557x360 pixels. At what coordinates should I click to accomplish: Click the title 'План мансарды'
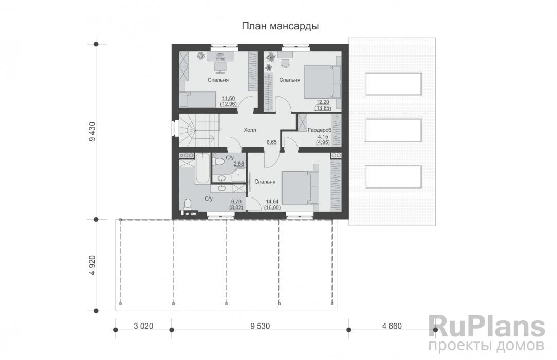[280, 26]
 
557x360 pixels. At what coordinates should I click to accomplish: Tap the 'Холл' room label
[250, 130]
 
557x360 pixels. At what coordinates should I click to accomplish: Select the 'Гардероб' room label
[320, 130]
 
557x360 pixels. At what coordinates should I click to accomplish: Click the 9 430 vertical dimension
[92, 132]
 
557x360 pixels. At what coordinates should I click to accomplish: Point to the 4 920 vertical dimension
[92, 265]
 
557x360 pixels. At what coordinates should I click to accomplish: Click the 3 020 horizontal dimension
[143, 326]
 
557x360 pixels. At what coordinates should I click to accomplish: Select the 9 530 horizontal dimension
[260, 326]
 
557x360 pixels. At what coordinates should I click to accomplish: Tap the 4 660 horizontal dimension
[392, 326]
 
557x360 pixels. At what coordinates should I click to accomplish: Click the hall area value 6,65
[272, 142]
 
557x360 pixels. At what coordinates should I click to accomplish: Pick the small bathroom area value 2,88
[239, 164]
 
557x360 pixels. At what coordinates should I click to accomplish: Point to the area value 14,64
[272, 202]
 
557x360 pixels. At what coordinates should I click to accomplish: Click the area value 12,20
[323, 102]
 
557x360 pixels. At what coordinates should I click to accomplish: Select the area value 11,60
[229, 98]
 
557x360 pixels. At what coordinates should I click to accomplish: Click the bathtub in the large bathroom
[202, 168]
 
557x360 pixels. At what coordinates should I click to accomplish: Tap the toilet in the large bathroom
[187, 204]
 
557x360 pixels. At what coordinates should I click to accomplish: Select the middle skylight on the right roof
[393, 130]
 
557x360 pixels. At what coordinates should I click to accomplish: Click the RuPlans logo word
[486, 327]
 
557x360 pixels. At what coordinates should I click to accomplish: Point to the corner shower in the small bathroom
[238, 175]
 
